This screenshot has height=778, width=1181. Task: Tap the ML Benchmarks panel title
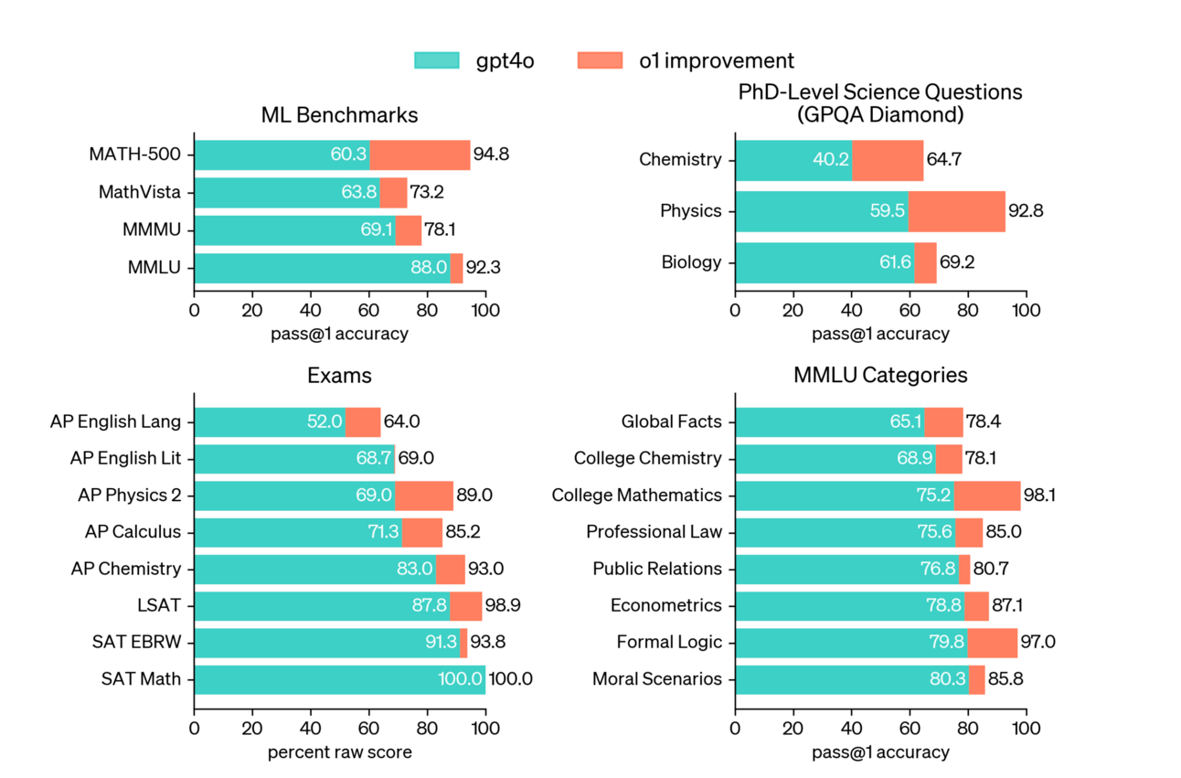pyautogui.click(x=339, y=115)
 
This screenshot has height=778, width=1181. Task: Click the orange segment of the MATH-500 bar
pyautogui.click(x=420, y=155)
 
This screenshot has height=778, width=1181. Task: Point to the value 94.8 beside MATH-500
pyautogui.click(x=492, y=155)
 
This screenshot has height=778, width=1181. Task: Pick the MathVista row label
pyautogui.click(x=140, y=193)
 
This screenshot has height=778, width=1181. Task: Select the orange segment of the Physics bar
pyautogui.click(x=956, y=211)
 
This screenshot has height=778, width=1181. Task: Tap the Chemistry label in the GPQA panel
pyautogui.click(x=680, y=160)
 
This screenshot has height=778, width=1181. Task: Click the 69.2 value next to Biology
pyautogui.click(x=958, y=263)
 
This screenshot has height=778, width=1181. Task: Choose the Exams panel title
pyautogui.click(x=339, y=376)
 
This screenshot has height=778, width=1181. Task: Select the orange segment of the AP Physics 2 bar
pyautogui.click(x=423, y=496)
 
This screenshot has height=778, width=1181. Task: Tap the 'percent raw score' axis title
pyautogui.click(x=339, y=752)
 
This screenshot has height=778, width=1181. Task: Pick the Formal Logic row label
pyautogui.click(x=669, y=642)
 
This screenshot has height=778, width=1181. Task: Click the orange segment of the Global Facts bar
pyautogui.click(x=943, y=422)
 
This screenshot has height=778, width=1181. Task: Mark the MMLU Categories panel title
pyautogui.click(x=880, y=376)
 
